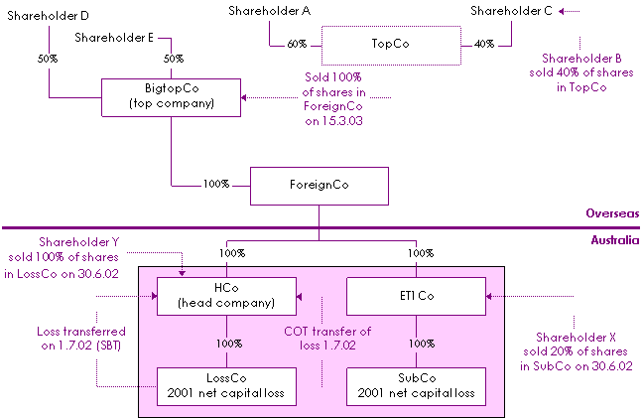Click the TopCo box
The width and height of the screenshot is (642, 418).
391,45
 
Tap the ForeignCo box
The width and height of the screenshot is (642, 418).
318,184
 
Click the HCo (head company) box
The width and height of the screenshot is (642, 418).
227,296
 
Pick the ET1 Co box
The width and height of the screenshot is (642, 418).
414,296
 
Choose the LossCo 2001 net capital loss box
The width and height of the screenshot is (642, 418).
227,384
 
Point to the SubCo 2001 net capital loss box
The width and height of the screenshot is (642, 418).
414,384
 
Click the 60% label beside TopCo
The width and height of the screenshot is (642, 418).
297,45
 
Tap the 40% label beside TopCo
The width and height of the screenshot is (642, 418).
484,45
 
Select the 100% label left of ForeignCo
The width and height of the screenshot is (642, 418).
216,184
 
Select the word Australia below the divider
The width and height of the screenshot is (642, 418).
614,239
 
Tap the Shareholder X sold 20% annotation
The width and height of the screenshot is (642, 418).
569,351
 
